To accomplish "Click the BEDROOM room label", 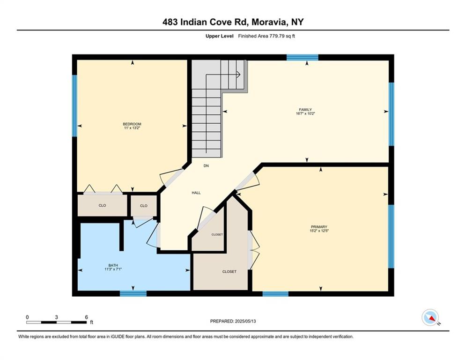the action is tap(132, 124).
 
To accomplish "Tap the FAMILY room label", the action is tap(305, 110).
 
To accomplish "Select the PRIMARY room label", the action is tap(319, 227).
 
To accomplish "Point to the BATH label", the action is tap(113, 265).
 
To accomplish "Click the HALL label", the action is tap(196, 193).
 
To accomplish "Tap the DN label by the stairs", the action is tap(206, 166).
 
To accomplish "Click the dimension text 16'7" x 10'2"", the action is tap(305, 113).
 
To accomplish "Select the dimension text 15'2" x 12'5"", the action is tap(319, 231).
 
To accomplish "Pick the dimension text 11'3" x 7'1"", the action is tap(113, 269).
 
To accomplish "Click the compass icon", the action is tap(430, 317).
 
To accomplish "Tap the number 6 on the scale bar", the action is tap(87, 317).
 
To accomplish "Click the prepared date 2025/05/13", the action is tap(245, 321).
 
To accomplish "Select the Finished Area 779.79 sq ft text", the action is tap(266, 36).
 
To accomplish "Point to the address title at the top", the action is tap(233, 22).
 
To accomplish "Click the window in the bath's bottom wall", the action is tap(133, 293).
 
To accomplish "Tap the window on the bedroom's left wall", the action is tap(74, 105).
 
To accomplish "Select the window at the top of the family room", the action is tap(302, 57).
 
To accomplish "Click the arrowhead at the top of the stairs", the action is tap(238, 75).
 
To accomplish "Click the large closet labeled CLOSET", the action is tap(229, 271).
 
